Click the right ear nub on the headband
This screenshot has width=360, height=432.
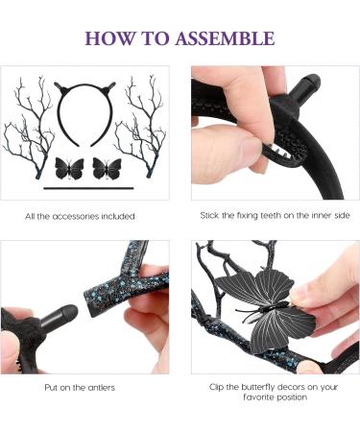click(x=113, y=86)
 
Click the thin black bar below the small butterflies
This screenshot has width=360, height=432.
click(x=87, y=189)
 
